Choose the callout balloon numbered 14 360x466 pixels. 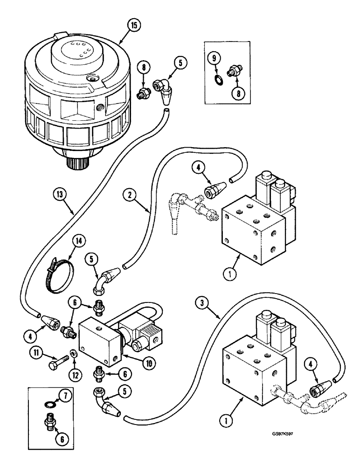point(80,241)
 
